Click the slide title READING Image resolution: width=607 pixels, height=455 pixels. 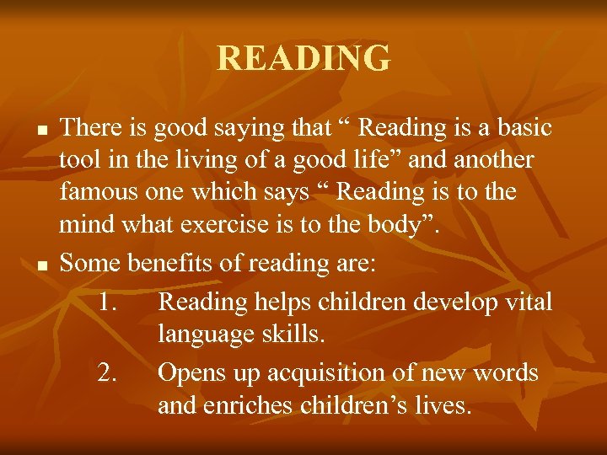303,59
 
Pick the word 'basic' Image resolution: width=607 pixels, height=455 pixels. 522,128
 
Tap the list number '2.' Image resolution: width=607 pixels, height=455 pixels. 108,372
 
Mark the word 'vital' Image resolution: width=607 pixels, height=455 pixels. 529,301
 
